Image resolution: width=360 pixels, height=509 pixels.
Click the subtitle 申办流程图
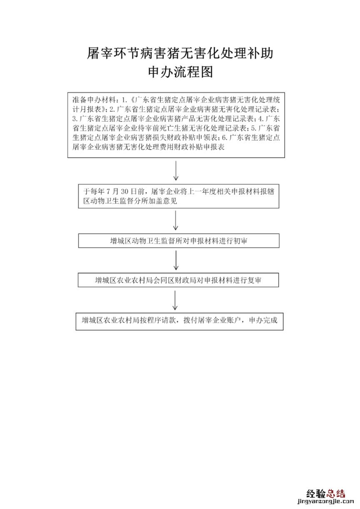(x=180, y=73)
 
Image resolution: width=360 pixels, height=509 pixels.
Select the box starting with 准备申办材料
(x=176, y=124)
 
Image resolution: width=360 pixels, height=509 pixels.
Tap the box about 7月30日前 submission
(x=178, y=196)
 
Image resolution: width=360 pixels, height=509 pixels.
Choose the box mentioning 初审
(x=178, y=241)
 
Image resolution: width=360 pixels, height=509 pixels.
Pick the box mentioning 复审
(x=178, y=281)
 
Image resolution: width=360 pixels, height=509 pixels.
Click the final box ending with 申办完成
(x=179, y=321)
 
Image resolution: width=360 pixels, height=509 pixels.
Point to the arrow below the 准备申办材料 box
(x=176, y=171)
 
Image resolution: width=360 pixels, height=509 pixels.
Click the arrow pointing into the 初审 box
(x=176, y=221)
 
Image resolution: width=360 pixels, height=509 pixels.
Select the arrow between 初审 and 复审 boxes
(x=176, y=261)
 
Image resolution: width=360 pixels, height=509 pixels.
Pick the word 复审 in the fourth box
(x=254, y=281)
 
